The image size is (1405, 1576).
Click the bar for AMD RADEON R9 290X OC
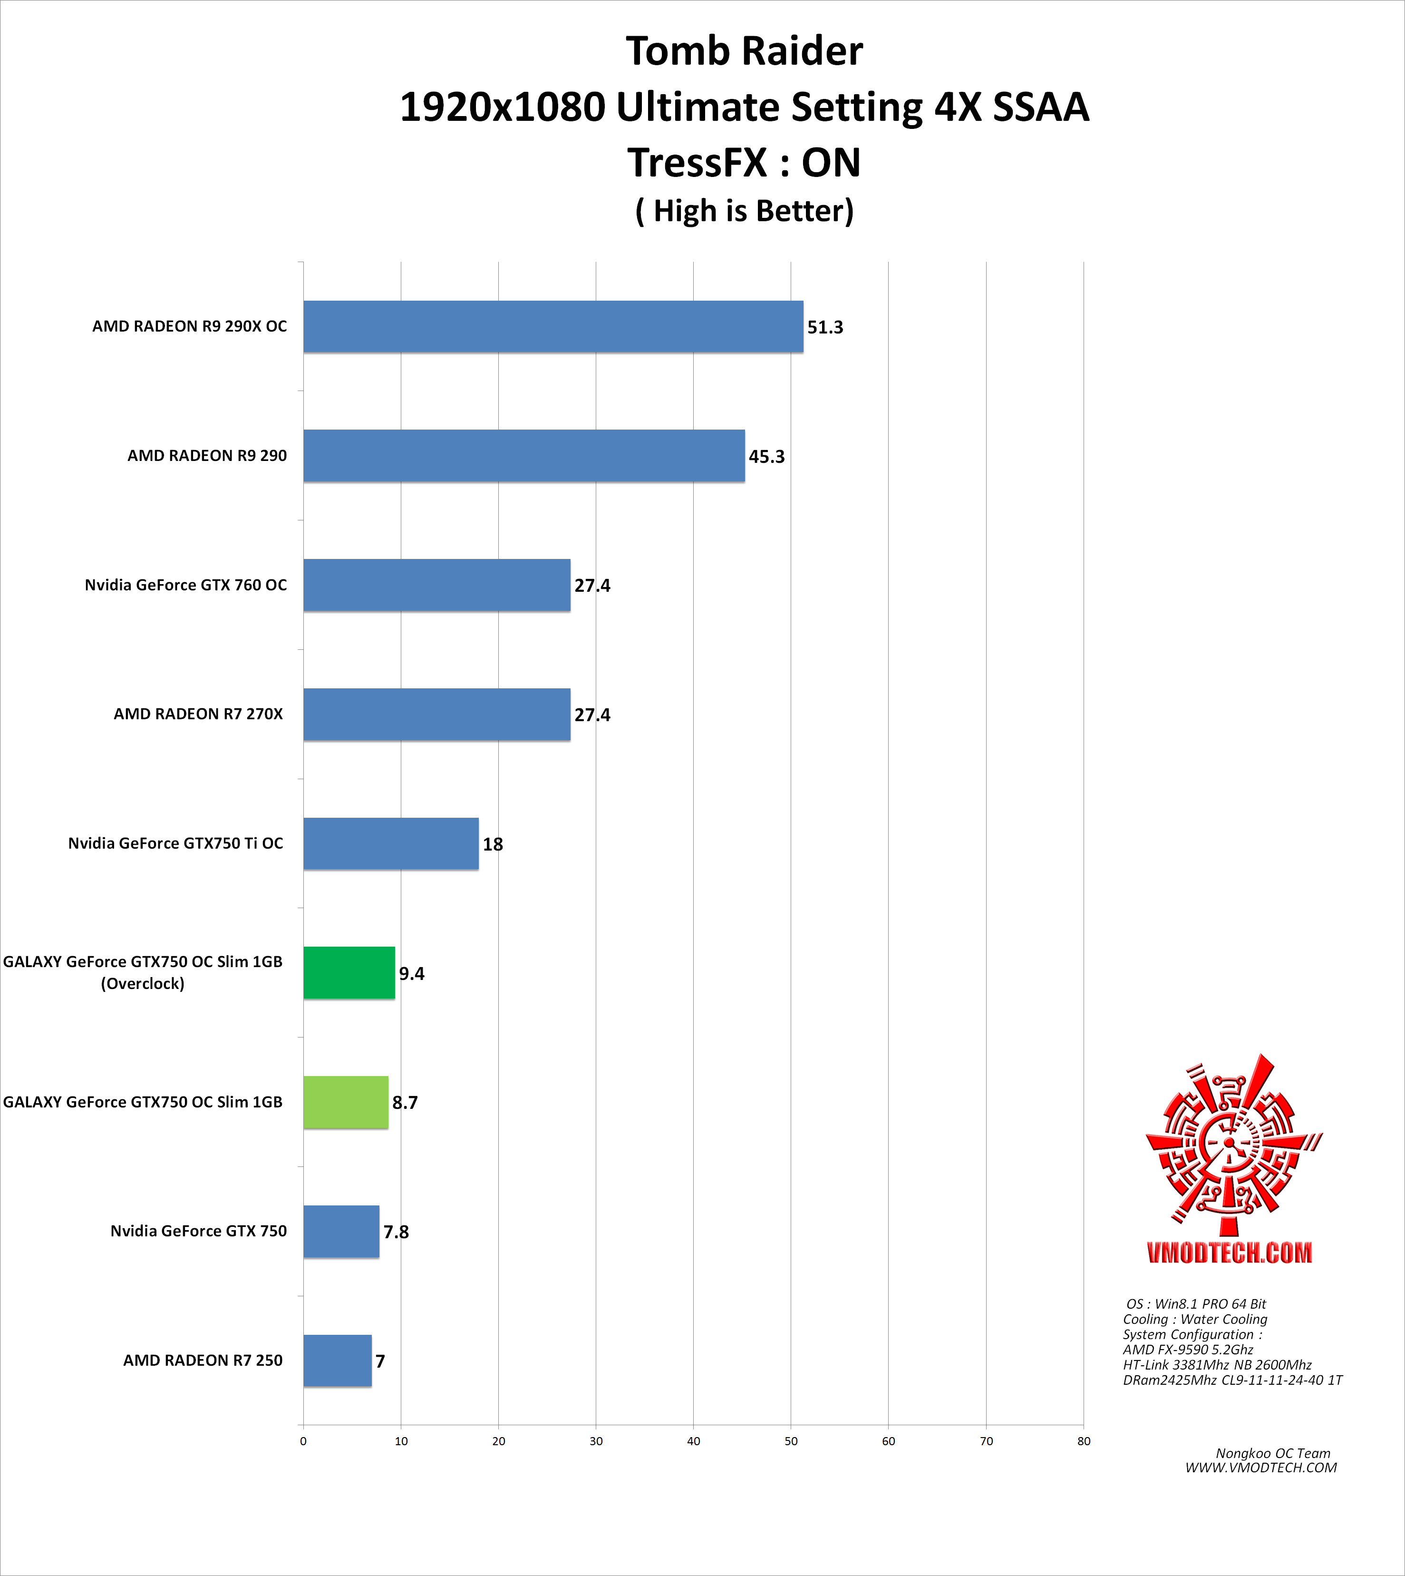[553, 327]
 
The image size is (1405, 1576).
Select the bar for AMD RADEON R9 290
[523, 456]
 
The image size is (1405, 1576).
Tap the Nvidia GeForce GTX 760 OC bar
[436, 585]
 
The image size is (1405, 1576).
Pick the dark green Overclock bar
[349, 973]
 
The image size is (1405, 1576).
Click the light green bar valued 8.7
[345, 1102]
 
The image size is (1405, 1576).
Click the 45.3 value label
[766, 456]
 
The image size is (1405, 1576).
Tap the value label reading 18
[493, 844]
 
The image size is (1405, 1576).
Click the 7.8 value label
[396, 1232]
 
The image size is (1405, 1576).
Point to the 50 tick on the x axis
[791, 1441]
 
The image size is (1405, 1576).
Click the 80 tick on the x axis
[1083, 1441]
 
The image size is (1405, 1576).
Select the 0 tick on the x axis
[303, 1441]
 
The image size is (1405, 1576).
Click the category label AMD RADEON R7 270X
[198, 714]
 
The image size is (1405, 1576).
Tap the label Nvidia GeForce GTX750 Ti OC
[175, 843]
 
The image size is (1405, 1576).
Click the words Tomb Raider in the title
[744, 51]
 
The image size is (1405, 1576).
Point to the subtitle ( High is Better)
[744, 211]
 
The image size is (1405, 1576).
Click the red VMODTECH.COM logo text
[1229, 1252]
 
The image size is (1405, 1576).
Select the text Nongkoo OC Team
[1272, 1453]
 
